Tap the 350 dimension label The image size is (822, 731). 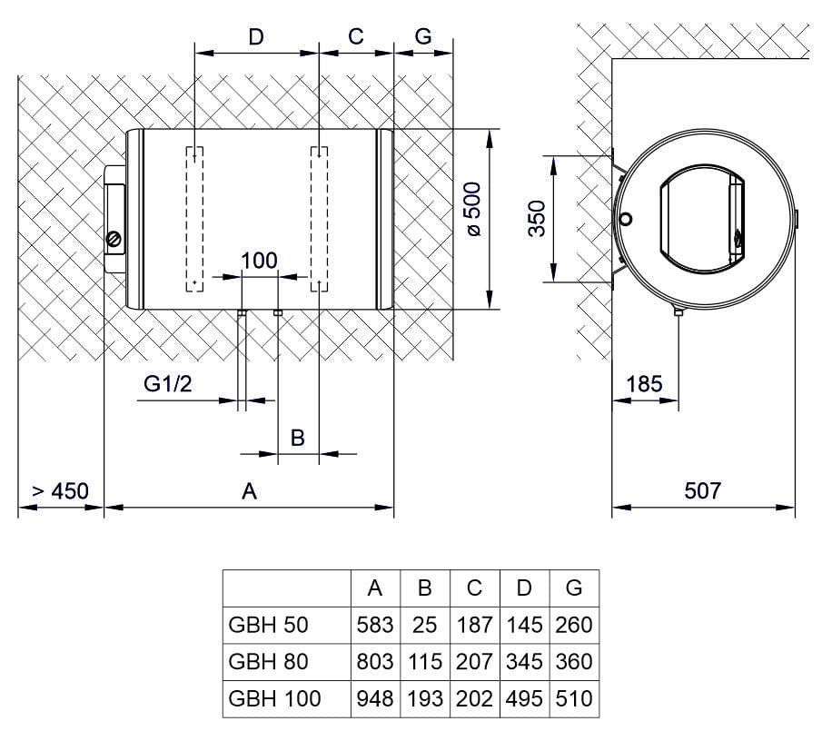(x=537, y=219)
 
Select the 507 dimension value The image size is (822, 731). (x=703, y=491)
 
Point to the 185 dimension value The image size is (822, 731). (x=645, y=384)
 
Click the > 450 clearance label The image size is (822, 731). (x=61, y=491)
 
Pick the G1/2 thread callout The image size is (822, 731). (x=168, y=384)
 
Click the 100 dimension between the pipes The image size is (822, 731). (x=259, y=261)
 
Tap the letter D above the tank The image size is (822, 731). (x=256, y=36)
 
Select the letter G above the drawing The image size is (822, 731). (x=422, y=36)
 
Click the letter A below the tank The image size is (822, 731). (x=249, y=491)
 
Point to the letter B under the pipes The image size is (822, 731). (x=297, y=438)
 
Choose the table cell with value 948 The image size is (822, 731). (x=375, y=698)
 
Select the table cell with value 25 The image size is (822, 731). (x=424, y=625)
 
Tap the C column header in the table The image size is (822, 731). (x=474, y=588)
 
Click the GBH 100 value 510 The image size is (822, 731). (x=573, y=698)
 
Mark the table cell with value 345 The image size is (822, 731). (x=524, y=661)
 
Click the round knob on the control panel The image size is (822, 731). (x=114, y=239)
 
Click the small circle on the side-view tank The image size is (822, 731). (x=627, y=219)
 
